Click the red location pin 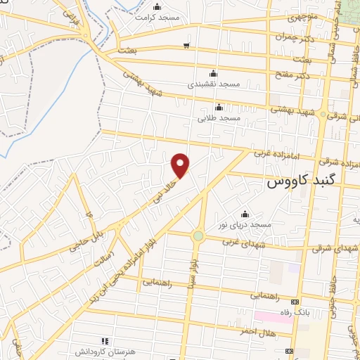coord(181,166)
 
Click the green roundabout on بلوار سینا coord(198,236)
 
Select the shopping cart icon coord(186,46)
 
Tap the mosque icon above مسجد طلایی coord(219,108)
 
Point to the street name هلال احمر coord(259,332)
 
